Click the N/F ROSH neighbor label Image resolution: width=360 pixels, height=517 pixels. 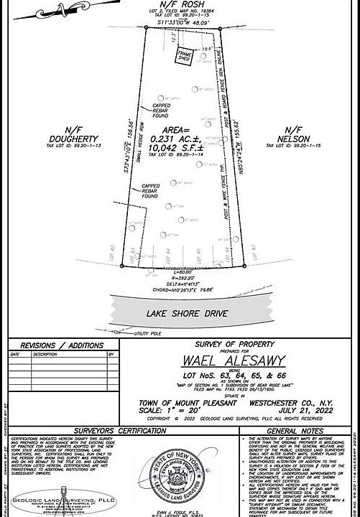coord(180,4)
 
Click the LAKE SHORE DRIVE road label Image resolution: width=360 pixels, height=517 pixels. coord(187,313)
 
